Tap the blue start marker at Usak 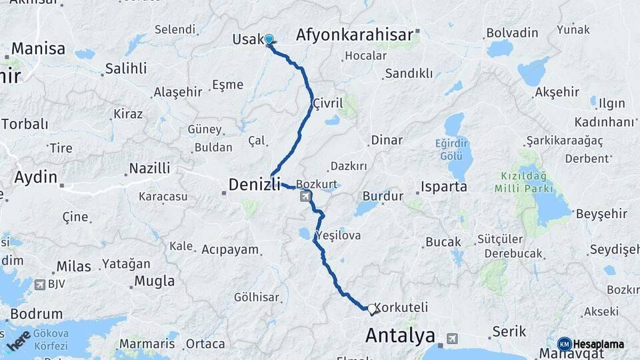[269, 40]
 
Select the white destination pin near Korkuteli [371, 309]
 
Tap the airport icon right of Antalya [453, 338]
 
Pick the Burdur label [383, 197]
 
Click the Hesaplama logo [591, 344]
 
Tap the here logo [19, 340]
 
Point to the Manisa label [38, 49]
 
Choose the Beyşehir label [601, 213]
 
